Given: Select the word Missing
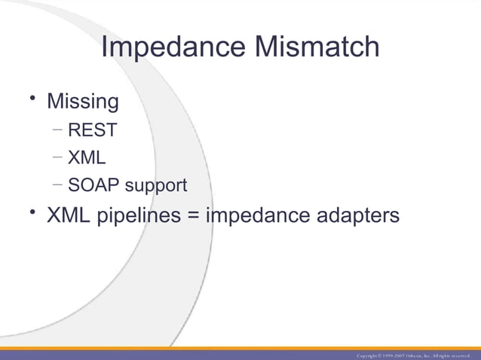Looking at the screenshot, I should (x=83, y=101).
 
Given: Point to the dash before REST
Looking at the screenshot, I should (x=58, y=130).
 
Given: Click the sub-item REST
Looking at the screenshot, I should (x=92, y=130).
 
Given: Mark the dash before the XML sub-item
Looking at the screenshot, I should (x=58, y=157).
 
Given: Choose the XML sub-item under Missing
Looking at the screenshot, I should (x=87, y=158).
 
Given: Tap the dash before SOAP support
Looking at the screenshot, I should (x=58, y=185).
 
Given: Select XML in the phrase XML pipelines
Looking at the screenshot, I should (x=69, y=215).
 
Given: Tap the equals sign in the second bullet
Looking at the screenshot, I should (x=194, y=216).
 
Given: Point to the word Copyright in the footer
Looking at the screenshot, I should (x=369, y=355).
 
